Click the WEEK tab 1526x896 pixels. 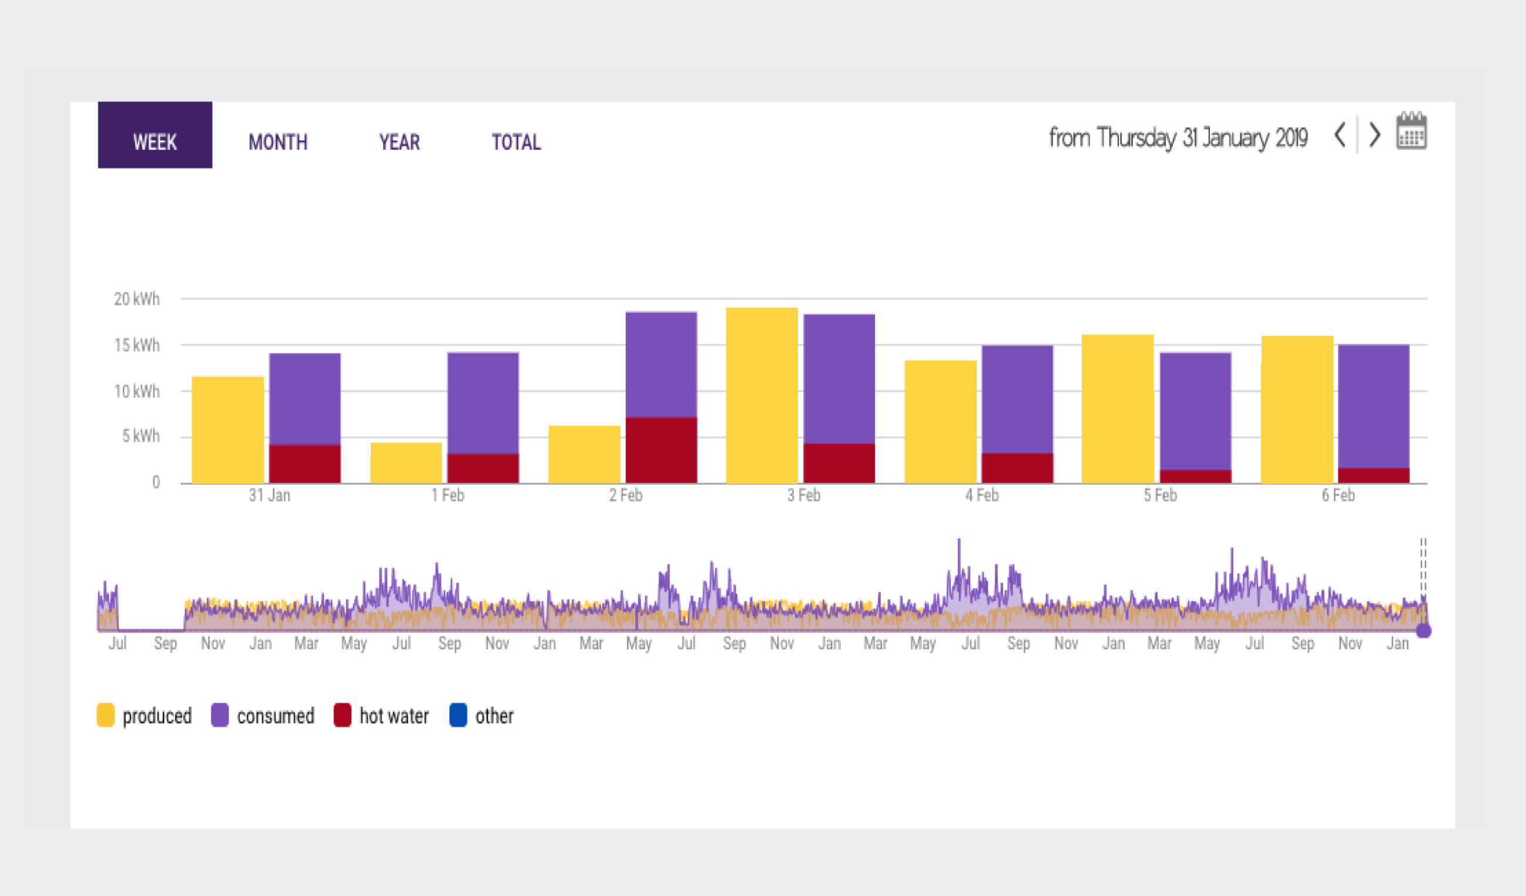point(155,135)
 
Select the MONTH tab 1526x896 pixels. point(278,142)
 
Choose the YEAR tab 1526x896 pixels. point(400,142)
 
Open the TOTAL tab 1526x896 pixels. point(517,142)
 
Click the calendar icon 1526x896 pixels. point(1411,131)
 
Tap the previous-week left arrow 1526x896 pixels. point(1340,135)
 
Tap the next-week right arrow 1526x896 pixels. point(1375,135)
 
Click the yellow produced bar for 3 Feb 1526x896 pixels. point(762,395)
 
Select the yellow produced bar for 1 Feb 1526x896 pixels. point(405,463)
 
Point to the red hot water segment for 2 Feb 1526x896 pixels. point(661,451)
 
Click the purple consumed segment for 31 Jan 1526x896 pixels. point(304,399)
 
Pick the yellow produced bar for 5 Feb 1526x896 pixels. point(1117,410)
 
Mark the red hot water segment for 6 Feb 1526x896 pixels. point(1373,476)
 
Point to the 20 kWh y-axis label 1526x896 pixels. point(137,299)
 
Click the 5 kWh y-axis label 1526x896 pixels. point(141,436)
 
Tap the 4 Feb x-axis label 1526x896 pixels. point(982,495)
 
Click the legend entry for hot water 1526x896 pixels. point(381,716)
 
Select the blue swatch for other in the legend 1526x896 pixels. point(458,715)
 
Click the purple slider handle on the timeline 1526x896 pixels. point(1423,631)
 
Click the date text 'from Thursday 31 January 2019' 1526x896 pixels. point(1178,138)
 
